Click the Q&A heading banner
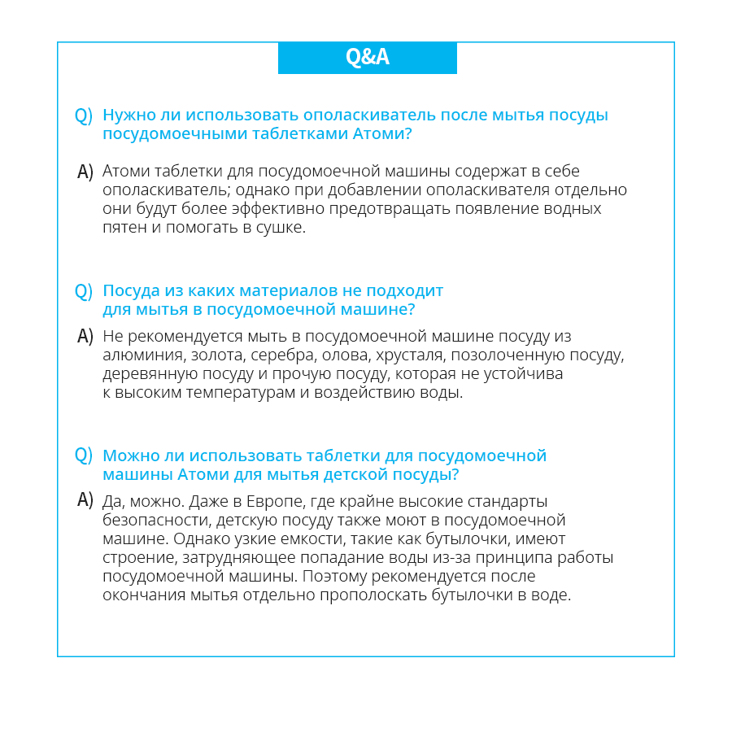coord(367,57)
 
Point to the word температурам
coord(218,393)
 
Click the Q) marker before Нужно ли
coord(83,116)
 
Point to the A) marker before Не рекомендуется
coord(85,336)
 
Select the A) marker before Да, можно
coord(85,500)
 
